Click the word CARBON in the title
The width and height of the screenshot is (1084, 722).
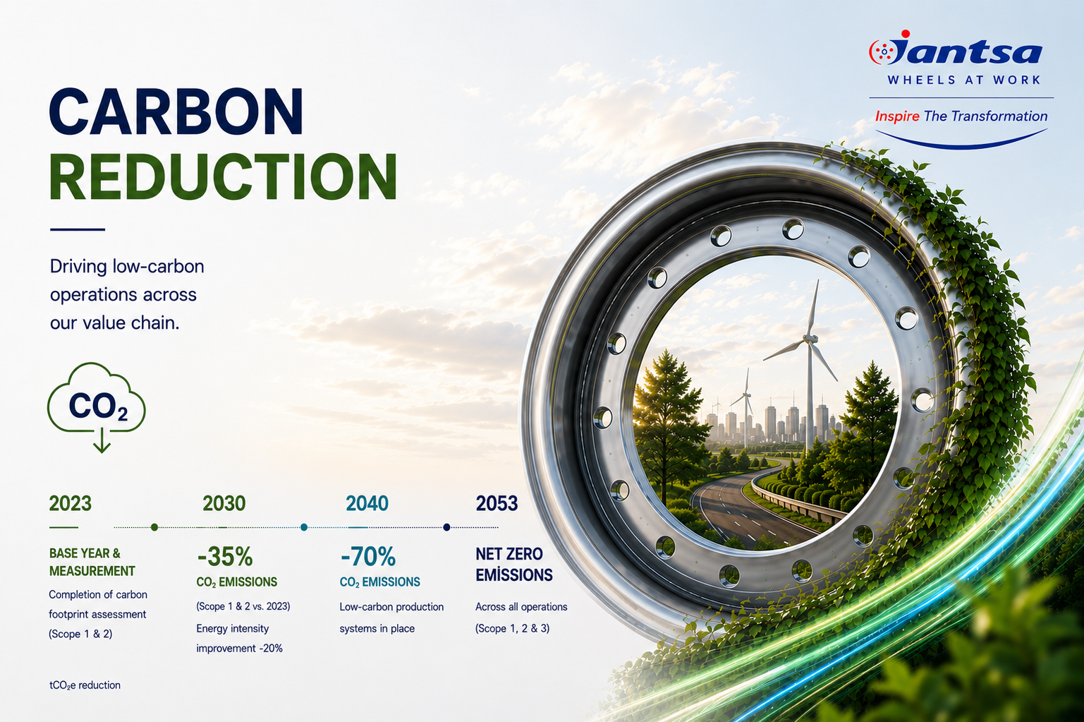coord(176,112)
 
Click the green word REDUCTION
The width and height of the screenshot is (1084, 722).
coord(223,176)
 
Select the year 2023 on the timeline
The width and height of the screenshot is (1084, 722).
coord(70,504)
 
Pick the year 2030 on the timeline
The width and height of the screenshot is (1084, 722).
coord(224,504)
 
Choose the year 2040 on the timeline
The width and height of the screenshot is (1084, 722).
coord(367,504)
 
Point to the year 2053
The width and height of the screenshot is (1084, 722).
coord(497,504)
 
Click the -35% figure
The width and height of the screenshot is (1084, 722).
coord(224,556)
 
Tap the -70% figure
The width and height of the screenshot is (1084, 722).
coord(367,556)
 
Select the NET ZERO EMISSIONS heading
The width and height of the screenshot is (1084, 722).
coord(514,564)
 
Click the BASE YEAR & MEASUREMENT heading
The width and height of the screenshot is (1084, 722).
coord(92,562)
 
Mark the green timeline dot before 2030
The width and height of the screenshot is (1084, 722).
coord(154,527)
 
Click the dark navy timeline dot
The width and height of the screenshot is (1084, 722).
coord(446,527)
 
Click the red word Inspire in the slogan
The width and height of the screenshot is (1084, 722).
coord(897,116)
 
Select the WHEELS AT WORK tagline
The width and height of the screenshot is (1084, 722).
coord(964,80)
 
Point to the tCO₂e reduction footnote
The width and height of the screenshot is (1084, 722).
coord(85,685)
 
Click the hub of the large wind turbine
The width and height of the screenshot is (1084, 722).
coord(808,338)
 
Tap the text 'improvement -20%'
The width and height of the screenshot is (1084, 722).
coord(239,649)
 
